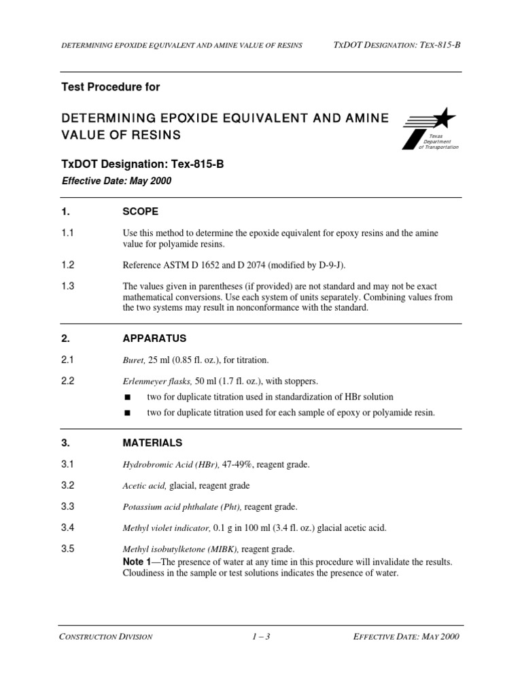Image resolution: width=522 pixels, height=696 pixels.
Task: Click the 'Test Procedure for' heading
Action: [x=111, y=87]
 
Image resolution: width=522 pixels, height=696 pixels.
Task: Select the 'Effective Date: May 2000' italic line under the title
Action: [x=116, y=181]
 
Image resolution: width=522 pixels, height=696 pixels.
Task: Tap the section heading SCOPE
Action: [x=140, y=212]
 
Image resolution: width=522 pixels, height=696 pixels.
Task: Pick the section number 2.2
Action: [x=68, y=381]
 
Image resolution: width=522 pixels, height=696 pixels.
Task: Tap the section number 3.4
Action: [x=68, y=527]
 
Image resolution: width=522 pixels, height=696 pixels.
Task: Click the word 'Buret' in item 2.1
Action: [x=133, y=360]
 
